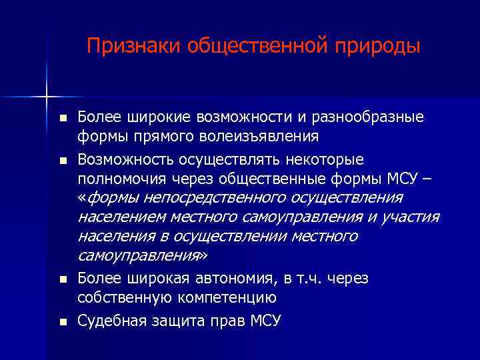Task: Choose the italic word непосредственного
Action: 229,198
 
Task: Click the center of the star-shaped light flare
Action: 47,97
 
